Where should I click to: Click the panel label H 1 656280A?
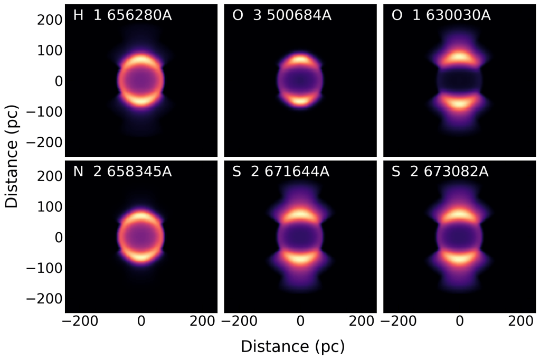click(122, 16)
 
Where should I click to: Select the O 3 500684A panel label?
click(282, 16)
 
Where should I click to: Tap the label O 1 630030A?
click(441, 16)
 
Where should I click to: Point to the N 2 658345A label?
click(122, 172)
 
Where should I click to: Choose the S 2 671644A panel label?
click(282, 172)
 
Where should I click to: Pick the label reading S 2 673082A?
click(441, 172)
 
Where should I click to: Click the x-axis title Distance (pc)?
click(292, 346)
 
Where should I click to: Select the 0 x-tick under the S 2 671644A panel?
click(300, 320)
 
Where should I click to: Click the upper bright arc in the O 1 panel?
click(460, 56)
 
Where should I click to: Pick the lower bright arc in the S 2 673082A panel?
click(460, 258)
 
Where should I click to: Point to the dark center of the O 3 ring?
click(300, 80)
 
